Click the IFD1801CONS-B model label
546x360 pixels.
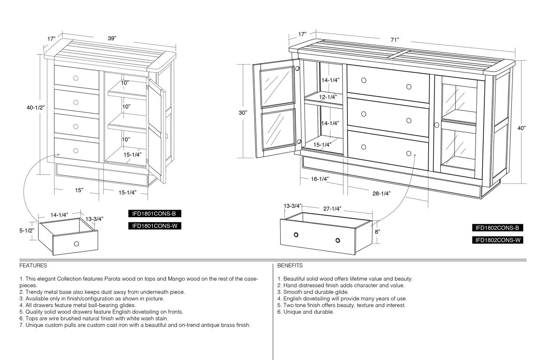[x=155, y=214]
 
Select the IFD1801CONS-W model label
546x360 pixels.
[x=155, y=226]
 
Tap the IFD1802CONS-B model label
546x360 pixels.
[x=498, y=228]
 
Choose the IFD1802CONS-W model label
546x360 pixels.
[x=498, y=240]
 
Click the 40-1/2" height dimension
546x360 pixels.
[x=36, y=108]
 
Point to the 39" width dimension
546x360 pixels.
[x=112, y=38]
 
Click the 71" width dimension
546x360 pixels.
[x=394, y=40]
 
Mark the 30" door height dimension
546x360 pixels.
[x=243, y=113]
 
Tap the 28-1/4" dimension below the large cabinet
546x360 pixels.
[x=382, y=193]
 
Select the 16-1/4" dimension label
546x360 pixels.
[x=320, y=179]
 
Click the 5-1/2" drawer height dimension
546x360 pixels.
[x=27, y=231]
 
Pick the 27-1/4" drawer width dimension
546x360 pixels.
[x=332, y=209]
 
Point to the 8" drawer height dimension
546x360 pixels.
[x=377, y=232]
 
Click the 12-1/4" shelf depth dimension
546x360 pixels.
[x=328, y=97]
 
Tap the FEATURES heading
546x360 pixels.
[x=33, y=265]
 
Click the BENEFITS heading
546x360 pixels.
[x=290, y=265]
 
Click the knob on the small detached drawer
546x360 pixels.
[x=76, y=244]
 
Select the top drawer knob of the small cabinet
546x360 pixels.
[x=76, y=78]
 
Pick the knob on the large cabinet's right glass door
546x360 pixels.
[x=436, y=125]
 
